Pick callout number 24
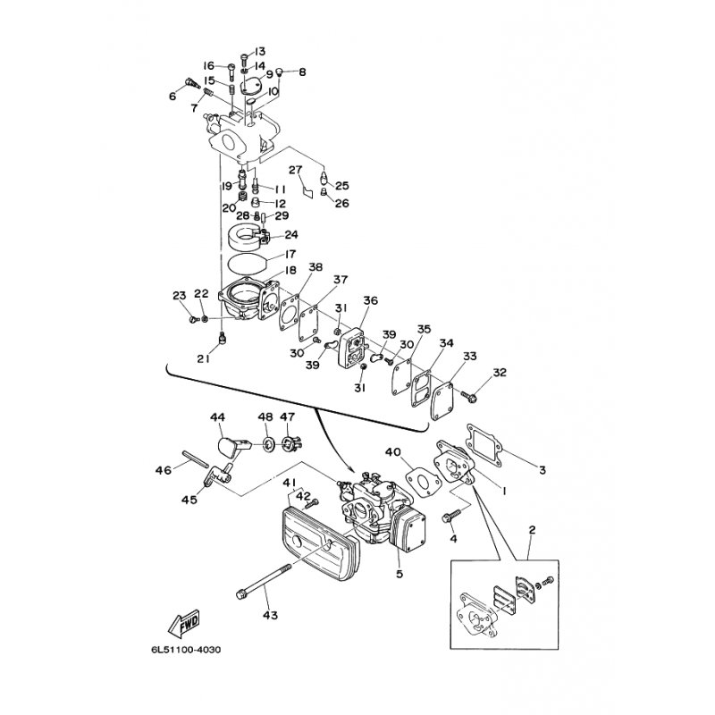click(291, 235)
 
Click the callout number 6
click(172, 96)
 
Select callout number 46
click(163, 468)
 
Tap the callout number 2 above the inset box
click(532, 530)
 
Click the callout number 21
click(203, 358)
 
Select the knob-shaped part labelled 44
click(231, 443)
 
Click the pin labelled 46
click(195, 457)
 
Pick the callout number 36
click(370, 300)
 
